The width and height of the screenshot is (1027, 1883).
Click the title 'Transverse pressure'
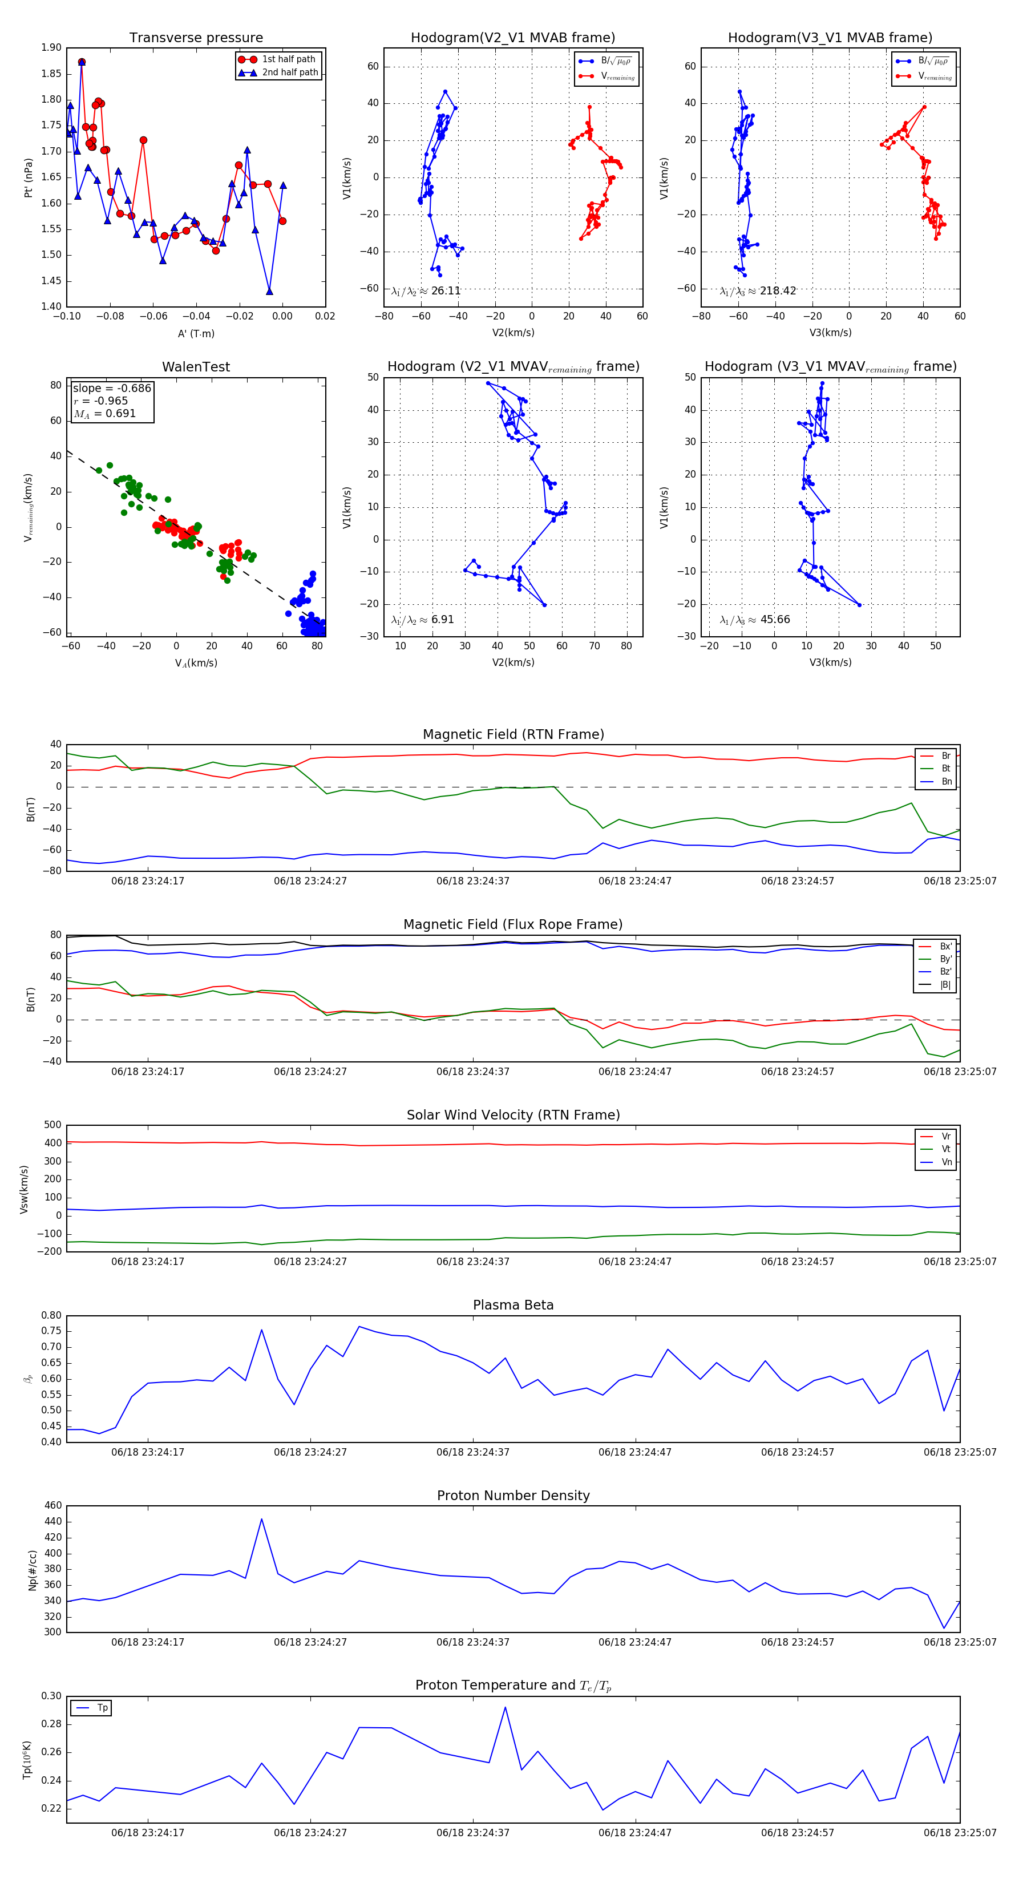point(196,38)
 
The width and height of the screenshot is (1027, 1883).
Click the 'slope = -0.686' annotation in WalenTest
point(112,388)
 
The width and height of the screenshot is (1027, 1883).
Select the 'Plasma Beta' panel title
point(513,1305)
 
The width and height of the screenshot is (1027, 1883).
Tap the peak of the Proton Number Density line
point(262,1519)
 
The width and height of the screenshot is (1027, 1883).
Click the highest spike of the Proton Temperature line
point(505,1708)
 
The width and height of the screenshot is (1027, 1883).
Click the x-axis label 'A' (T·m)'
point(196,333)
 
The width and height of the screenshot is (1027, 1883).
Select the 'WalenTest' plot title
point(196,367)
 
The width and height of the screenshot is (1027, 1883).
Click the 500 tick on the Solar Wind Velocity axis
point(52,1125)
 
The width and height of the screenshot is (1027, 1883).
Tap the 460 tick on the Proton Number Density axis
point(52,1505)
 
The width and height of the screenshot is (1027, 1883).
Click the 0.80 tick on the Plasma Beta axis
point(51,1315)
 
